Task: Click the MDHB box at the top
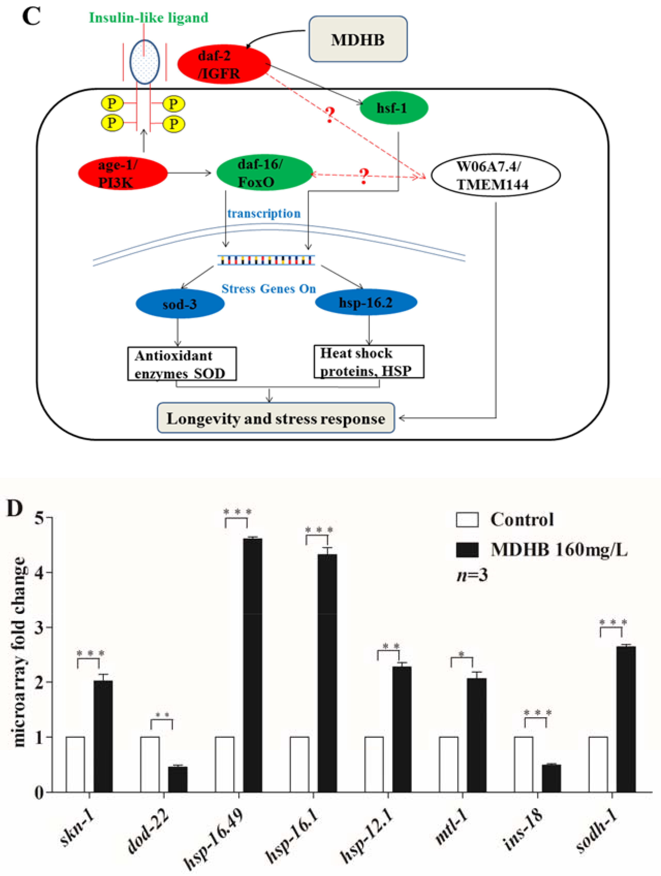358,39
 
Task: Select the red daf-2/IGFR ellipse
224,64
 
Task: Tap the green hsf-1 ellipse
393,108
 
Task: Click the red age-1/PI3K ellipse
123,173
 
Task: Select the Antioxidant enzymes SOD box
182,364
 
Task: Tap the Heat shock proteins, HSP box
369,362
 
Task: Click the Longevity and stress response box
276,418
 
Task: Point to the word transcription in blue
264,214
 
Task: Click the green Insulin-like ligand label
148,18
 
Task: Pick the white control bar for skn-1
75,764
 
